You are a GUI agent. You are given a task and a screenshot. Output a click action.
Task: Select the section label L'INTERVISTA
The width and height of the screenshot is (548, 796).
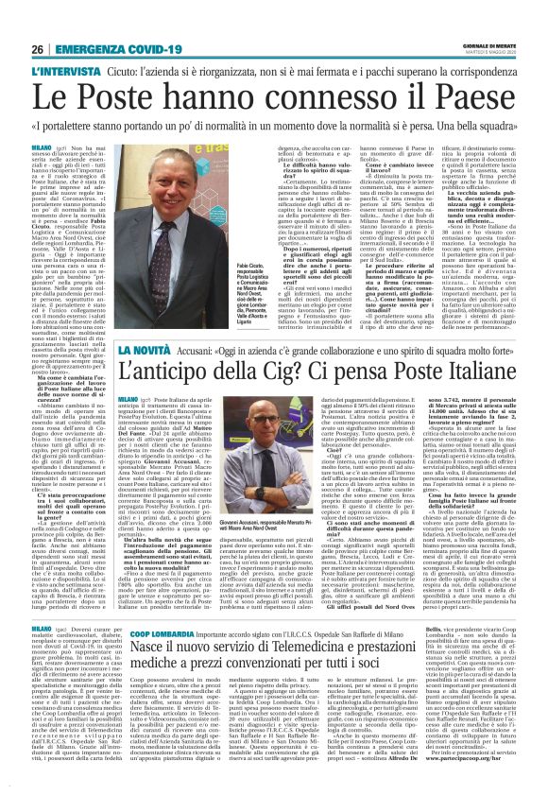coord(64,72)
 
